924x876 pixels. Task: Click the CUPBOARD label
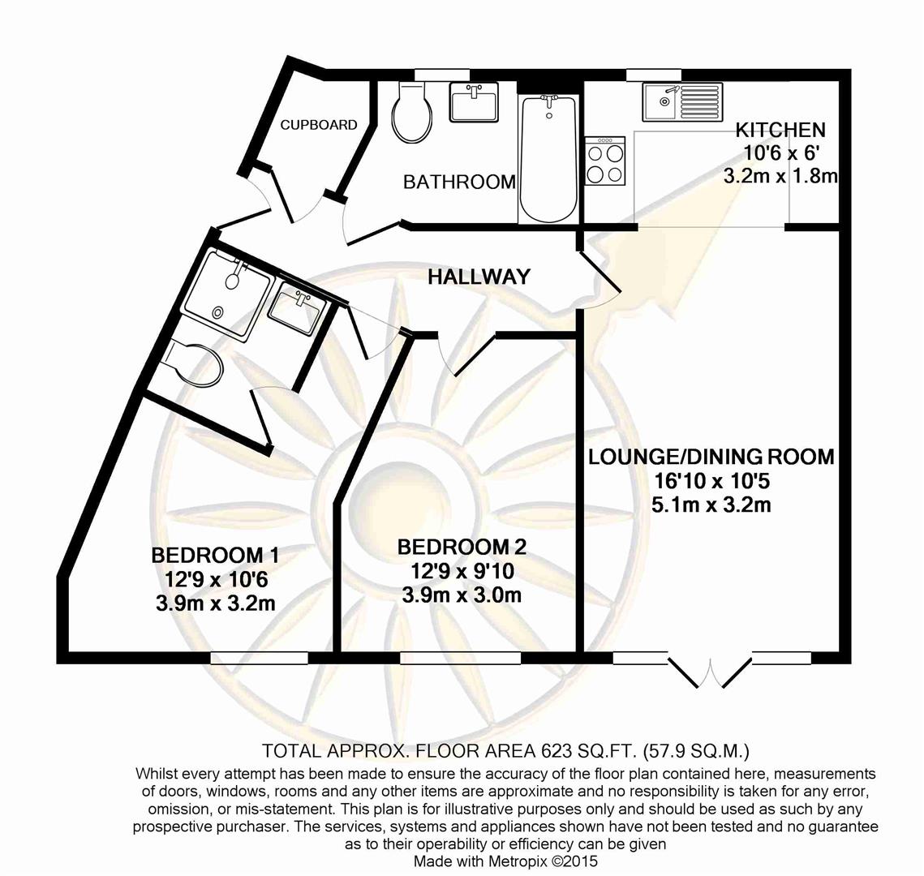pos(319,125)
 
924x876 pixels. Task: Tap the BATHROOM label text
pos(459,182)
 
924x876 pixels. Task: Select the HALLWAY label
pos(479,277)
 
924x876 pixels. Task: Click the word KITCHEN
pos(780,130)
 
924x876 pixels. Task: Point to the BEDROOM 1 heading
pos(215,556)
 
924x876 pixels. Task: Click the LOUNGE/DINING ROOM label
pos(711,457)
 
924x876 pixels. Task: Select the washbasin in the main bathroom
pos(474,104)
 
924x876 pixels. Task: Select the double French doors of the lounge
pos(710,670)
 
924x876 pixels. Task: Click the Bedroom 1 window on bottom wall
pos(260,657)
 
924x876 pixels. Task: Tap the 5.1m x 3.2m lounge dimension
pos(711,505)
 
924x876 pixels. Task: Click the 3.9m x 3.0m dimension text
pos(461,596)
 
